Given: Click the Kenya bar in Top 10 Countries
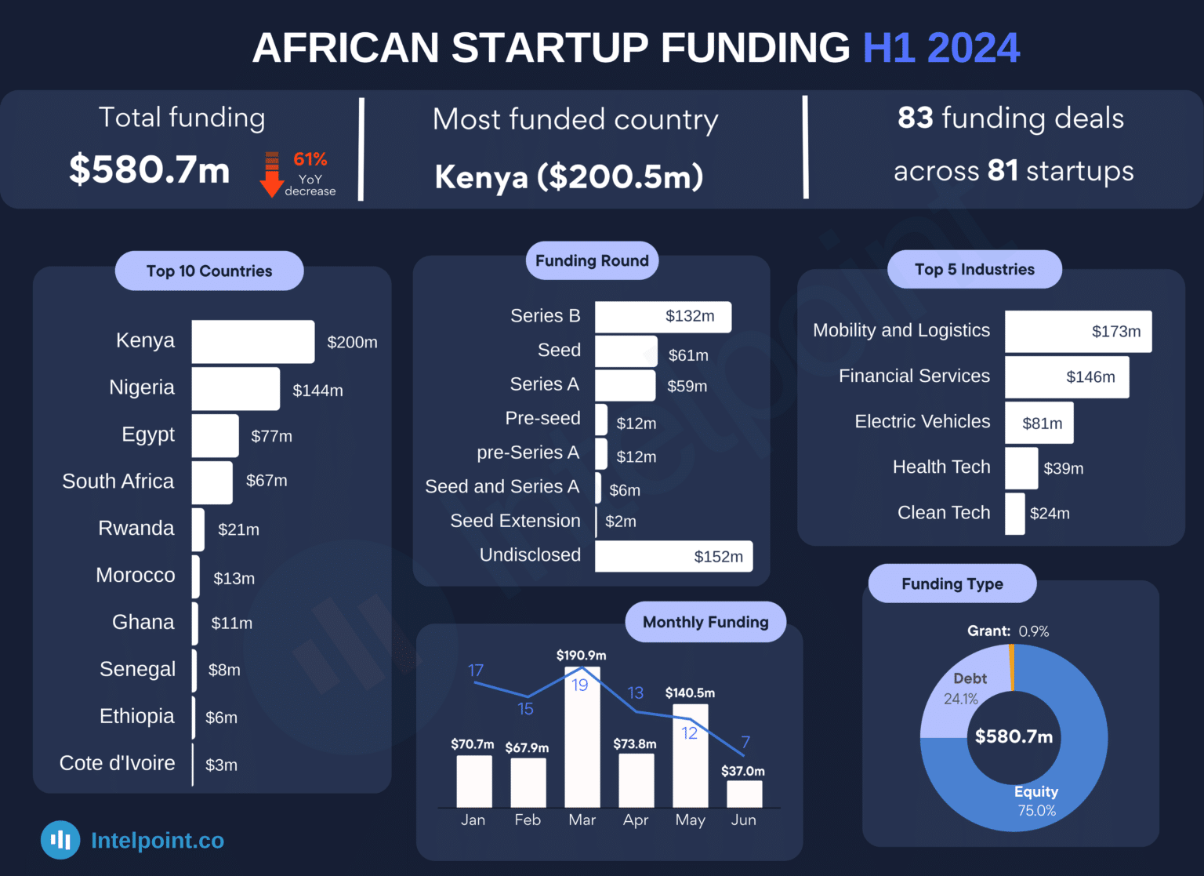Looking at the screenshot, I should pos(252,341).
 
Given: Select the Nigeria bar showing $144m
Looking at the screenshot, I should pos(235,389).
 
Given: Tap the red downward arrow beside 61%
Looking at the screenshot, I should pos(271,174).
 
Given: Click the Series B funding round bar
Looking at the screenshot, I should pos(662,317).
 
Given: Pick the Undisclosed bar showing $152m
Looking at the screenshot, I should pos(673,556).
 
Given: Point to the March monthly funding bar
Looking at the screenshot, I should pos(582,737).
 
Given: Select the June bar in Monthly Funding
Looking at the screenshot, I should pos(744,794).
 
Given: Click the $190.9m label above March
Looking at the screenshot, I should pos(581,655).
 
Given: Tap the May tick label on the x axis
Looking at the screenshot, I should pos(690,820).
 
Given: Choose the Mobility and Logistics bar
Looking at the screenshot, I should pos(1078,331).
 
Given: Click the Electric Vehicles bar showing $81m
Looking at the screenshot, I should pos(1039,423).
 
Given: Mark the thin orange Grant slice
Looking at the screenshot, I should pos(1012,667).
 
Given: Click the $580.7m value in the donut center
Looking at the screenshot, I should pos(1014,736).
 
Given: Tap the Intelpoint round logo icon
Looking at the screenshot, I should pos(60,840).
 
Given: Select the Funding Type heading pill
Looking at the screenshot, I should pos(952,583).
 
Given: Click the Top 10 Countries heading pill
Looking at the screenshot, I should pos(209,271).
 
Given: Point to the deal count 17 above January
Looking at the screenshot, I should pos(476,671).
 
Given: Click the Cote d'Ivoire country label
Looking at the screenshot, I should pos(118,763).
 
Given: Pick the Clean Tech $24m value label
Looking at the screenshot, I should pos(1050,514).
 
